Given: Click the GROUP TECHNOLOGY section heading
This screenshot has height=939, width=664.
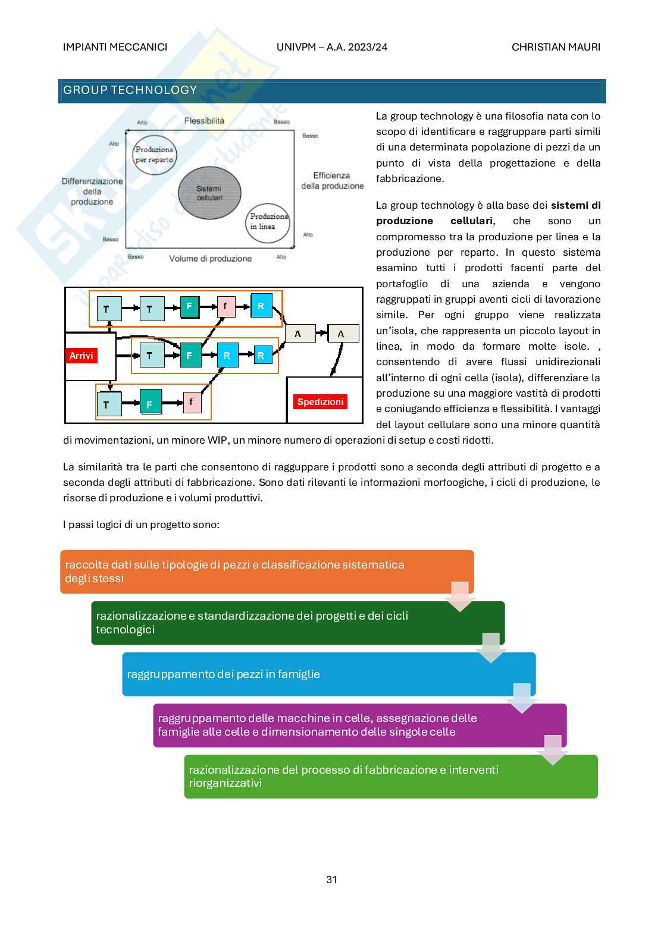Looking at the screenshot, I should click(130, 90).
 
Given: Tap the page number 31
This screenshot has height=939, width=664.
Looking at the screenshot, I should click(332, 880).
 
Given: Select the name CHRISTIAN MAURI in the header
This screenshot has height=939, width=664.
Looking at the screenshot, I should click(556, 47).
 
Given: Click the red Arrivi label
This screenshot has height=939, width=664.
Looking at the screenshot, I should click(81, 356).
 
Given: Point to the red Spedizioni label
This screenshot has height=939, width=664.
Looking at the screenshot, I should click(320, 401).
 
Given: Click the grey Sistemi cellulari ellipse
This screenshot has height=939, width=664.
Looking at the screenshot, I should click(209, 193).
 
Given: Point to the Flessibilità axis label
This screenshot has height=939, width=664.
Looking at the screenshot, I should click(204, 121).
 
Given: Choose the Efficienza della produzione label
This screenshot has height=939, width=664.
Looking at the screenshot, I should click(332, 180).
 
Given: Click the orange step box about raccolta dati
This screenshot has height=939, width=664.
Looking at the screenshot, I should click(267, 571).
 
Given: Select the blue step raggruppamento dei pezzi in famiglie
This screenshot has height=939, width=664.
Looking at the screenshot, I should click(328, 674).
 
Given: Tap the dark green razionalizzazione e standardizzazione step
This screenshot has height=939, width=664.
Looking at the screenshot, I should click(297, 623).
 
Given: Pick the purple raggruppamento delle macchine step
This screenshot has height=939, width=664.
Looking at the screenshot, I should click(359, 725).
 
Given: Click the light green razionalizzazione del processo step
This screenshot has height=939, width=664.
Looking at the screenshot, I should click(390, 776).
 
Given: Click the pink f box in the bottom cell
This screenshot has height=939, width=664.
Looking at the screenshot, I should click(191, 402).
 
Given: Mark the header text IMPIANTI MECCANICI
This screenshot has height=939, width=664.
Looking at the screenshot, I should click(115, 47).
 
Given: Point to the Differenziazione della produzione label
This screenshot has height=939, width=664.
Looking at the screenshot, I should click(92, 191).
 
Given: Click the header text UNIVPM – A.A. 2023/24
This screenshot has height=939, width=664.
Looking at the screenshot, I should click(332, 47).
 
